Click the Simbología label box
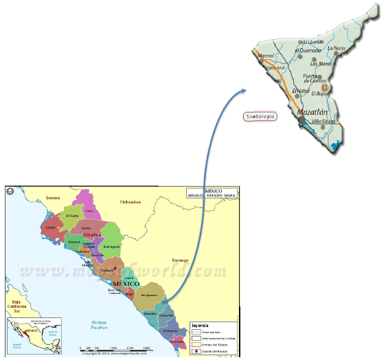(x=260, y=117)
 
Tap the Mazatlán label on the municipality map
(x=312, y=111)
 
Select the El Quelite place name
(x=313, y=42)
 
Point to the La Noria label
(x=336, y=49)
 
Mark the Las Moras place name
(x=321, y=64)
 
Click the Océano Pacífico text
(x=100, y=326)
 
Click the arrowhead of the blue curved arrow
(x=244, y=90)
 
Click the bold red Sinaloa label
(x=92, y=234)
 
